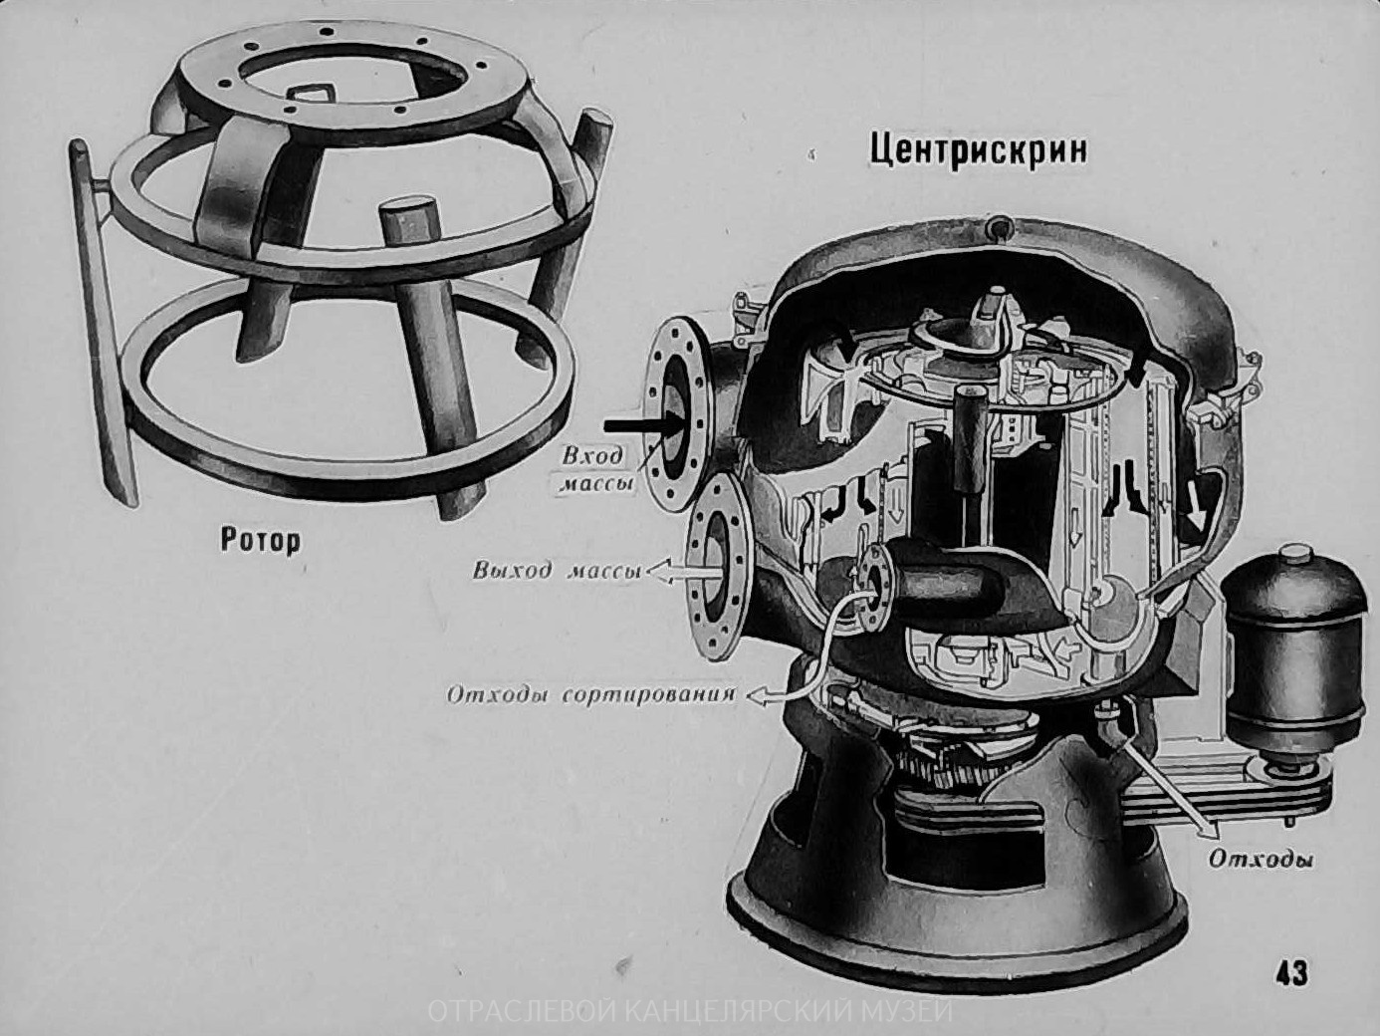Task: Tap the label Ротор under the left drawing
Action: (260, 540)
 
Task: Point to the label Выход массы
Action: (557, 571)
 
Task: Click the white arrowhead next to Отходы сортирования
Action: (757, 695)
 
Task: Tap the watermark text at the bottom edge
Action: (690, 1011)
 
